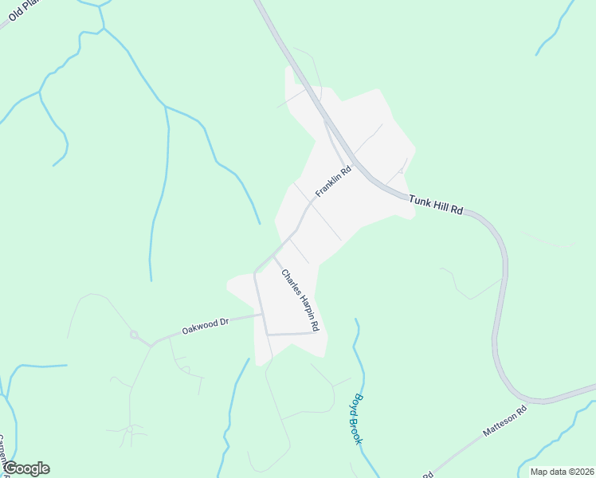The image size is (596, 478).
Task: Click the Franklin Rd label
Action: pyautogui.click(x=333, y=182)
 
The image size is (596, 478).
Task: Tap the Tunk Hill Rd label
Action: pyautogui.click(x=436, y=205)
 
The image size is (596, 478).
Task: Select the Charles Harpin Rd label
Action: pyautogui.click(x=300, y=300)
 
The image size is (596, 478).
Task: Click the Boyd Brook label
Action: pyautogui.click(x=358, y=419)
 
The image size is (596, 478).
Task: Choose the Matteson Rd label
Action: pyautogui.click(x=505, y=422)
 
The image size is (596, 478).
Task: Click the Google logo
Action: pyautogui.click(x=25, y=468)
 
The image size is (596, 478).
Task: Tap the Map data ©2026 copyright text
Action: pyautogui.click(x=562, y=472)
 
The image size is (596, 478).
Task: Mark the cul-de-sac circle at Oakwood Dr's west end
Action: pyautogui.click(x=134, y=335)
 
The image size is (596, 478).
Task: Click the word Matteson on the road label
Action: pyautogui.click(x=500, y=425)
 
